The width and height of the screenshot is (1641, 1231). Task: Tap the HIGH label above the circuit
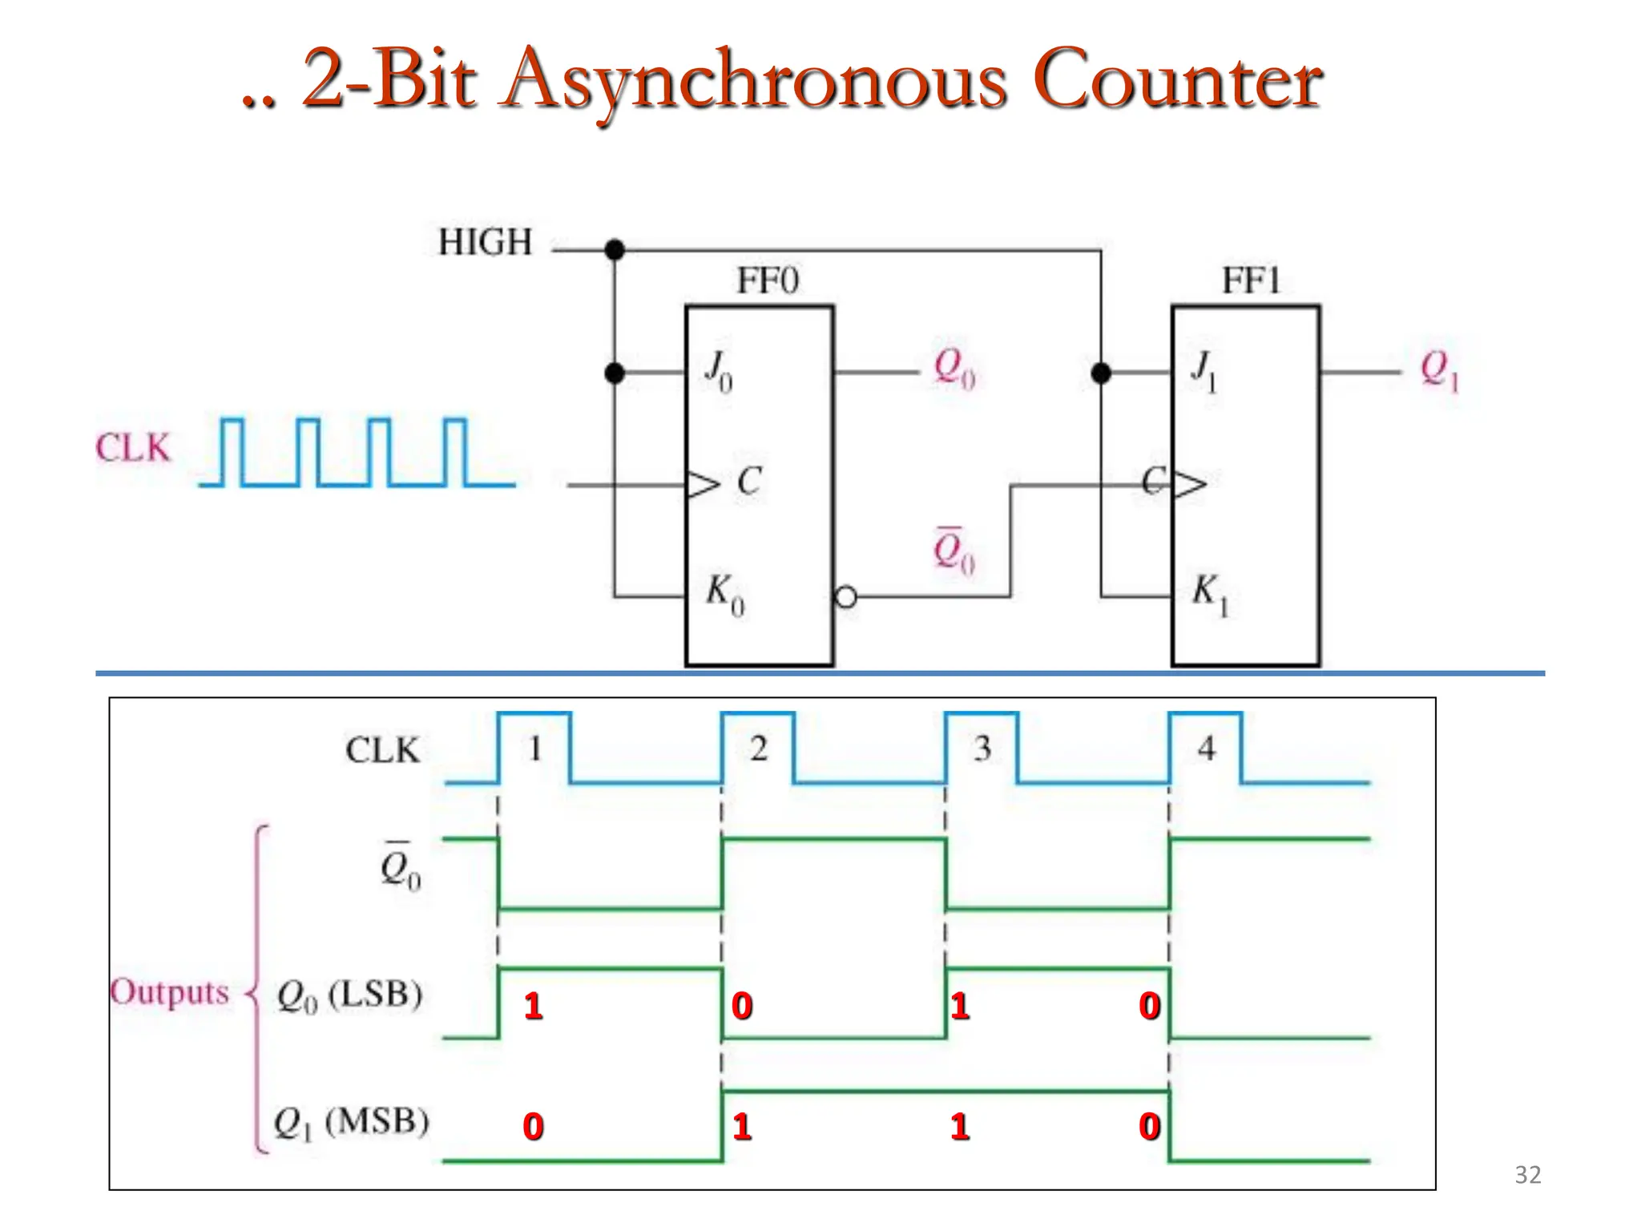point(485,242)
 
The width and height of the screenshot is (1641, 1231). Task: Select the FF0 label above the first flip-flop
point(768,281)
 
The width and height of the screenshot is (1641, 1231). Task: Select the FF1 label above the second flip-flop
point(1251,281)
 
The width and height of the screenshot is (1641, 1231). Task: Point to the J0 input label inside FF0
point(718,372)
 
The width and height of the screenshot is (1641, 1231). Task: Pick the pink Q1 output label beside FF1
point(1439,370)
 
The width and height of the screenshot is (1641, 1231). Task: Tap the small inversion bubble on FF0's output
point(845,597)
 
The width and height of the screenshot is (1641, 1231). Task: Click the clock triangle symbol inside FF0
point(704,485)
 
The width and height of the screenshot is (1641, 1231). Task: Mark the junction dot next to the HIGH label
point(615,250)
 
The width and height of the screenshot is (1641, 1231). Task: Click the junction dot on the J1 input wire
point(1101,373)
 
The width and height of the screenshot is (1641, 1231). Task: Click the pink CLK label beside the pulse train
point(133,447)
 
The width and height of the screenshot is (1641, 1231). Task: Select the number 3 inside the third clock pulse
point(982,749)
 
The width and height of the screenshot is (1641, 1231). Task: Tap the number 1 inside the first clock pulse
point(535,749)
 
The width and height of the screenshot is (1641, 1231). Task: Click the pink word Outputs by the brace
point(170,992)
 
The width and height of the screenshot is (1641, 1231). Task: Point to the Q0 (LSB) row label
point(349,995)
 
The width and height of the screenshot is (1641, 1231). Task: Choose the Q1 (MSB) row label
point(351,1122)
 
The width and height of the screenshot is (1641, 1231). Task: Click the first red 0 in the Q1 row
point(533,1127)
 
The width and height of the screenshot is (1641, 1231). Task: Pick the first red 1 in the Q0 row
point(533,1006)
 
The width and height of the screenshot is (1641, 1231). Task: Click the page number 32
point(1527,1175)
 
